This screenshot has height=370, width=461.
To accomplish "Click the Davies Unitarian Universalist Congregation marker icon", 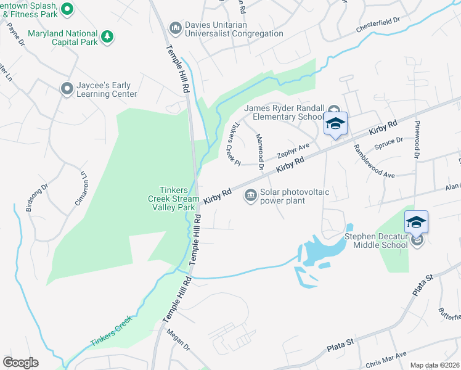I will tap(175, 28).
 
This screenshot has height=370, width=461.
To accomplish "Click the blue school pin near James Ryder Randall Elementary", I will tap(335, 124).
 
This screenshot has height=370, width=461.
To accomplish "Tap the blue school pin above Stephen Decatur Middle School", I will tap(416, 222).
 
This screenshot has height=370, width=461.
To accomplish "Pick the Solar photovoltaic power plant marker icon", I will tap(250, 197).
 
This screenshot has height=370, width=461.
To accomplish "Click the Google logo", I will tap(20, 362).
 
